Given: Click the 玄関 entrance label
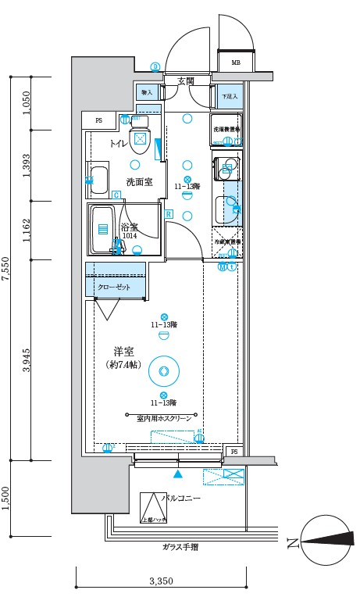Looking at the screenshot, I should [186, 80].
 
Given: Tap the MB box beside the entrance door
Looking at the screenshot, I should [235, 63].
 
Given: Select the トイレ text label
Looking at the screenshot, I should [119, 143].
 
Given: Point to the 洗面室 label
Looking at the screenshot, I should [139, 182].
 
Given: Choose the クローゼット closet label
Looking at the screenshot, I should [114, 287].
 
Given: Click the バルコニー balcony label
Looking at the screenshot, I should [181, 498].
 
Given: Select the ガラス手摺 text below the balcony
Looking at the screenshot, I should [180, 547].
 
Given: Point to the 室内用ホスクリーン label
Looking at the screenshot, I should [164, 419].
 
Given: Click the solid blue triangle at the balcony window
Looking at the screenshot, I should [179, 474].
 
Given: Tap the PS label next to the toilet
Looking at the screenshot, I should [98, 120].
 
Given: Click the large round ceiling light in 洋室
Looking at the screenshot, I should [164, 371].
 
